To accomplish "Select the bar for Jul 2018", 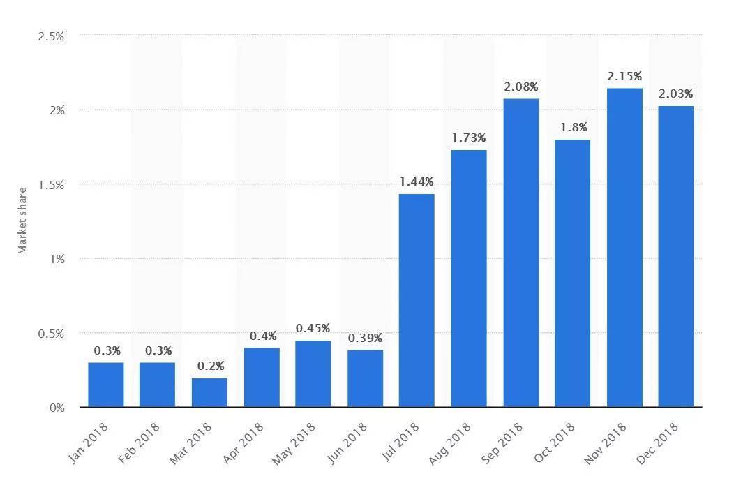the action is (417, 300).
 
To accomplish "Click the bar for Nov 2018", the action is (624, 247).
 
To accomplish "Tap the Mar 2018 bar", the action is (209, 392).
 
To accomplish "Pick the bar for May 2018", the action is (313, 374).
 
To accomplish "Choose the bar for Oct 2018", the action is (572, 273).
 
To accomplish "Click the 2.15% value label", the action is (624, 76).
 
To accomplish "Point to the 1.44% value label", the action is (417, 181).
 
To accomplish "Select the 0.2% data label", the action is (211, 366).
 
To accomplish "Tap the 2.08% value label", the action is (521, 87).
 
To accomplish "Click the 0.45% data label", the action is (313, 328).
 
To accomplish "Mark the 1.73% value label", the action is (469, 138).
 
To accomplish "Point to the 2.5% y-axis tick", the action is (51, 36).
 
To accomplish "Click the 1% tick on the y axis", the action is (57, 259).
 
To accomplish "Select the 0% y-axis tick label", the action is (57, 408).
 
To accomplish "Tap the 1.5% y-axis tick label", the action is (51, 185).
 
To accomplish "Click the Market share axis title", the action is (22, 221).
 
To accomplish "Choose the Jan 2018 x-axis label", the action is (88, 443).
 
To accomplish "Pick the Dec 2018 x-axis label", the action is (657, 443).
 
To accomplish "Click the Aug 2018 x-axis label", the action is (450, 443).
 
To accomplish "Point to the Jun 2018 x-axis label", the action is (347, 443).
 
